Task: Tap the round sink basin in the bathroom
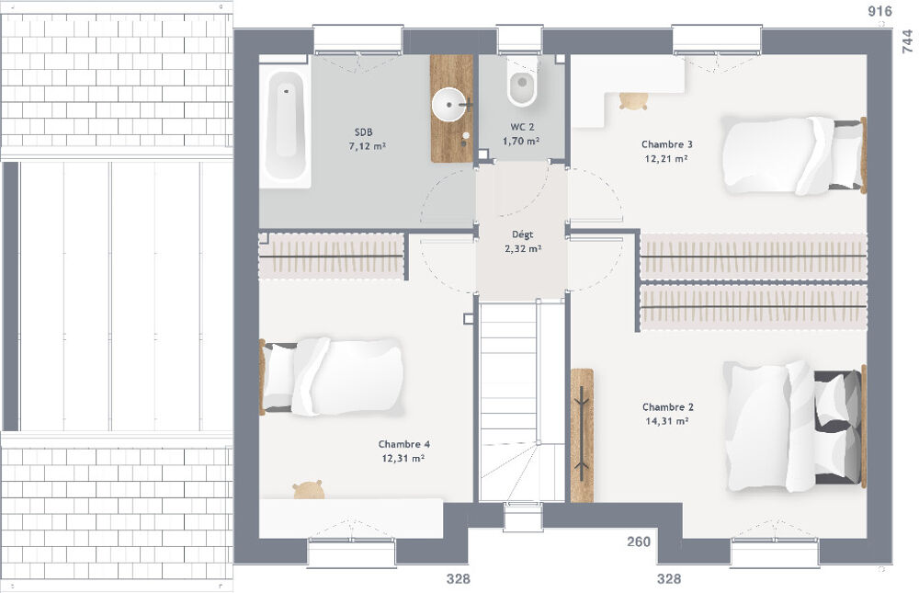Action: (450, 103)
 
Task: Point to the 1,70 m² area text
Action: (520, 141)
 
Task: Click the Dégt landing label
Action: (522, 235)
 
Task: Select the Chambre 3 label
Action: (666, 144)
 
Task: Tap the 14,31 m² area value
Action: (667, 421)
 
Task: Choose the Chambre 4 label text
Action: (403, 444)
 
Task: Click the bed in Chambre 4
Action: (333, 376)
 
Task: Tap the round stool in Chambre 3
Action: (631, 100)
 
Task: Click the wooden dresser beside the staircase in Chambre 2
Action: (582, 435)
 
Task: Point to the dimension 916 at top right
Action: (879, 11)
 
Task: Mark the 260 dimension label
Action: (639, 542)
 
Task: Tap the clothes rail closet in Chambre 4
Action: (332, 255)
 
